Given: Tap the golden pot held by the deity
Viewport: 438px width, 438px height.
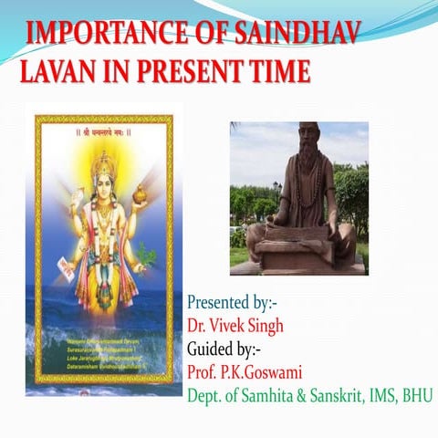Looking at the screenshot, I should click(142, 195).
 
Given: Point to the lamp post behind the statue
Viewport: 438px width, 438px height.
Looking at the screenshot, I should click(276, 194).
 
